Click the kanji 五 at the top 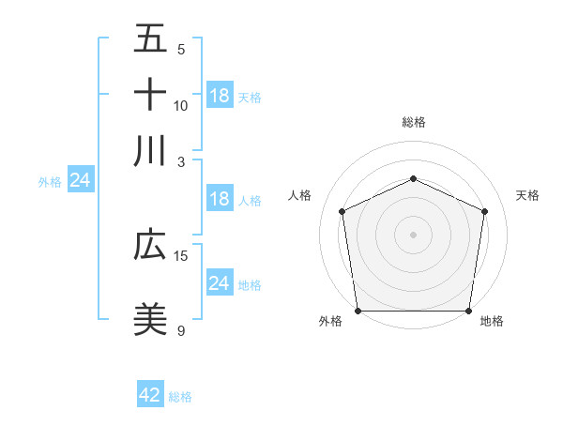coord(150,40)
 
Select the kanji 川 coord(150,150)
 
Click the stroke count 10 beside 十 coord(181,105)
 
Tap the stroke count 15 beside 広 coord(181,255)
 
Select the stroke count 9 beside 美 coord(181,330)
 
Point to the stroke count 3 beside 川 coord(181,160)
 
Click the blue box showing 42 coord(150,395)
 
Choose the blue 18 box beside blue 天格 coord(220,96)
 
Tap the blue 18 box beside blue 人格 coord(220,198)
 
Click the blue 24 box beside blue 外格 coord(81,180)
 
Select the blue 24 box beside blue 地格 coord(220,283)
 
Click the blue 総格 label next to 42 coord(180,397)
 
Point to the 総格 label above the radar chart coord(413,122)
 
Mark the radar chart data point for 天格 coord(484,211)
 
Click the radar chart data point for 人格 coord(342,211)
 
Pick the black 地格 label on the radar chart coord(492,322)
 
